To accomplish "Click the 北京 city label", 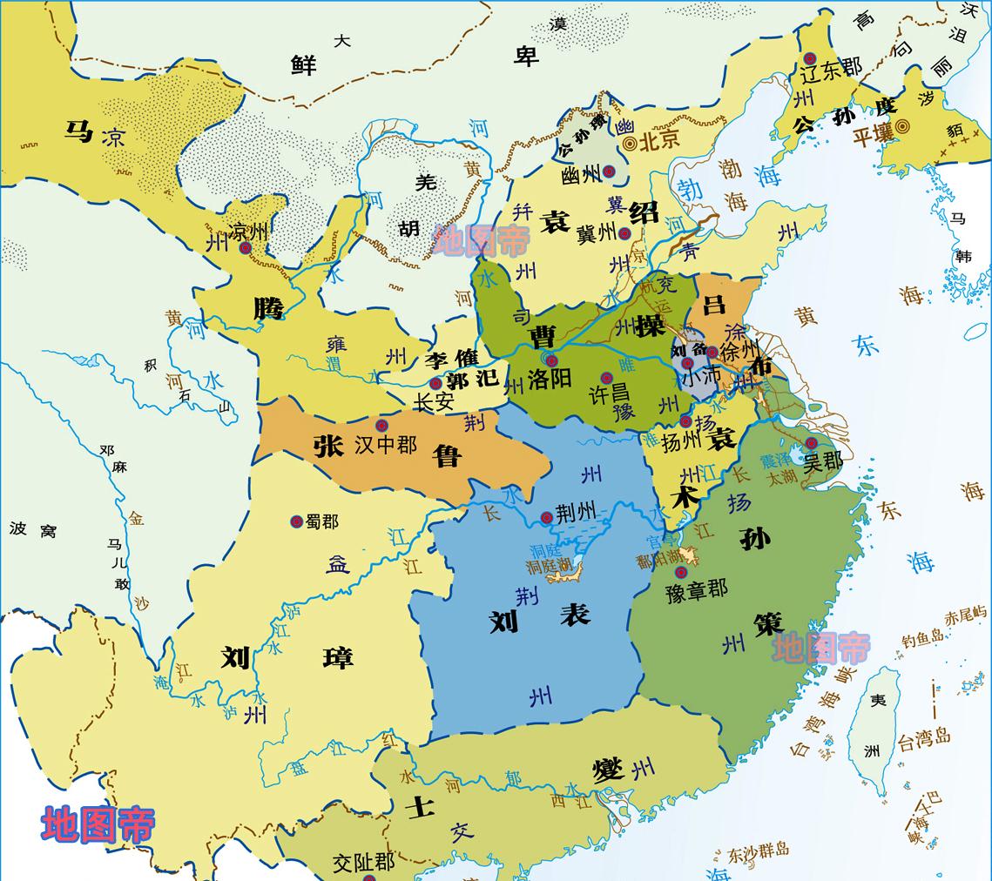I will coord(659,139).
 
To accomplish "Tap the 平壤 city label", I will coord(873,136).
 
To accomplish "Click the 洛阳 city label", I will coord(550,380).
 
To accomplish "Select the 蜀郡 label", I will coord(321,521).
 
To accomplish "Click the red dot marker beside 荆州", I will coord(546,517).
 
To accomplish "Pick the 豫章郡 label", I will coord(696,588).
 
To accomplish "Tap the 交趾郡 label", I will coord(364,862).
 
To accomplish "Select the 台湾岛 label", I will coord(924,740).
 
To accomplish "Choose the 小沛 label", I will coord(700,379).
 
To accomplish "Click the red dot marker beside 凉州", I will coord(246,248).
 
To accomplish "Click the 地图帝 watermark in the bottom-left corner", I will coord(98,824).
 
